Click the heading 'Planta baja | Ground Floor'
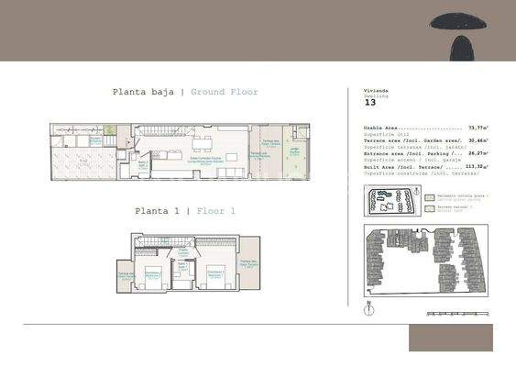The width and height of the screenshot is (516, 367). coord(185,92)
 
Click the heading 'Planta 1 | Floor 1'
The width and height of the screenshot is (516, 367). coord(185,211)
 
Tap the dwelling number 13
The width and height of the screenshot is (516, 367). coord(370,103)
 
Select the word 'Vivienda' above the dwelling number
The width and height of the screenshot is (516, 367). coord(377,92)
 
